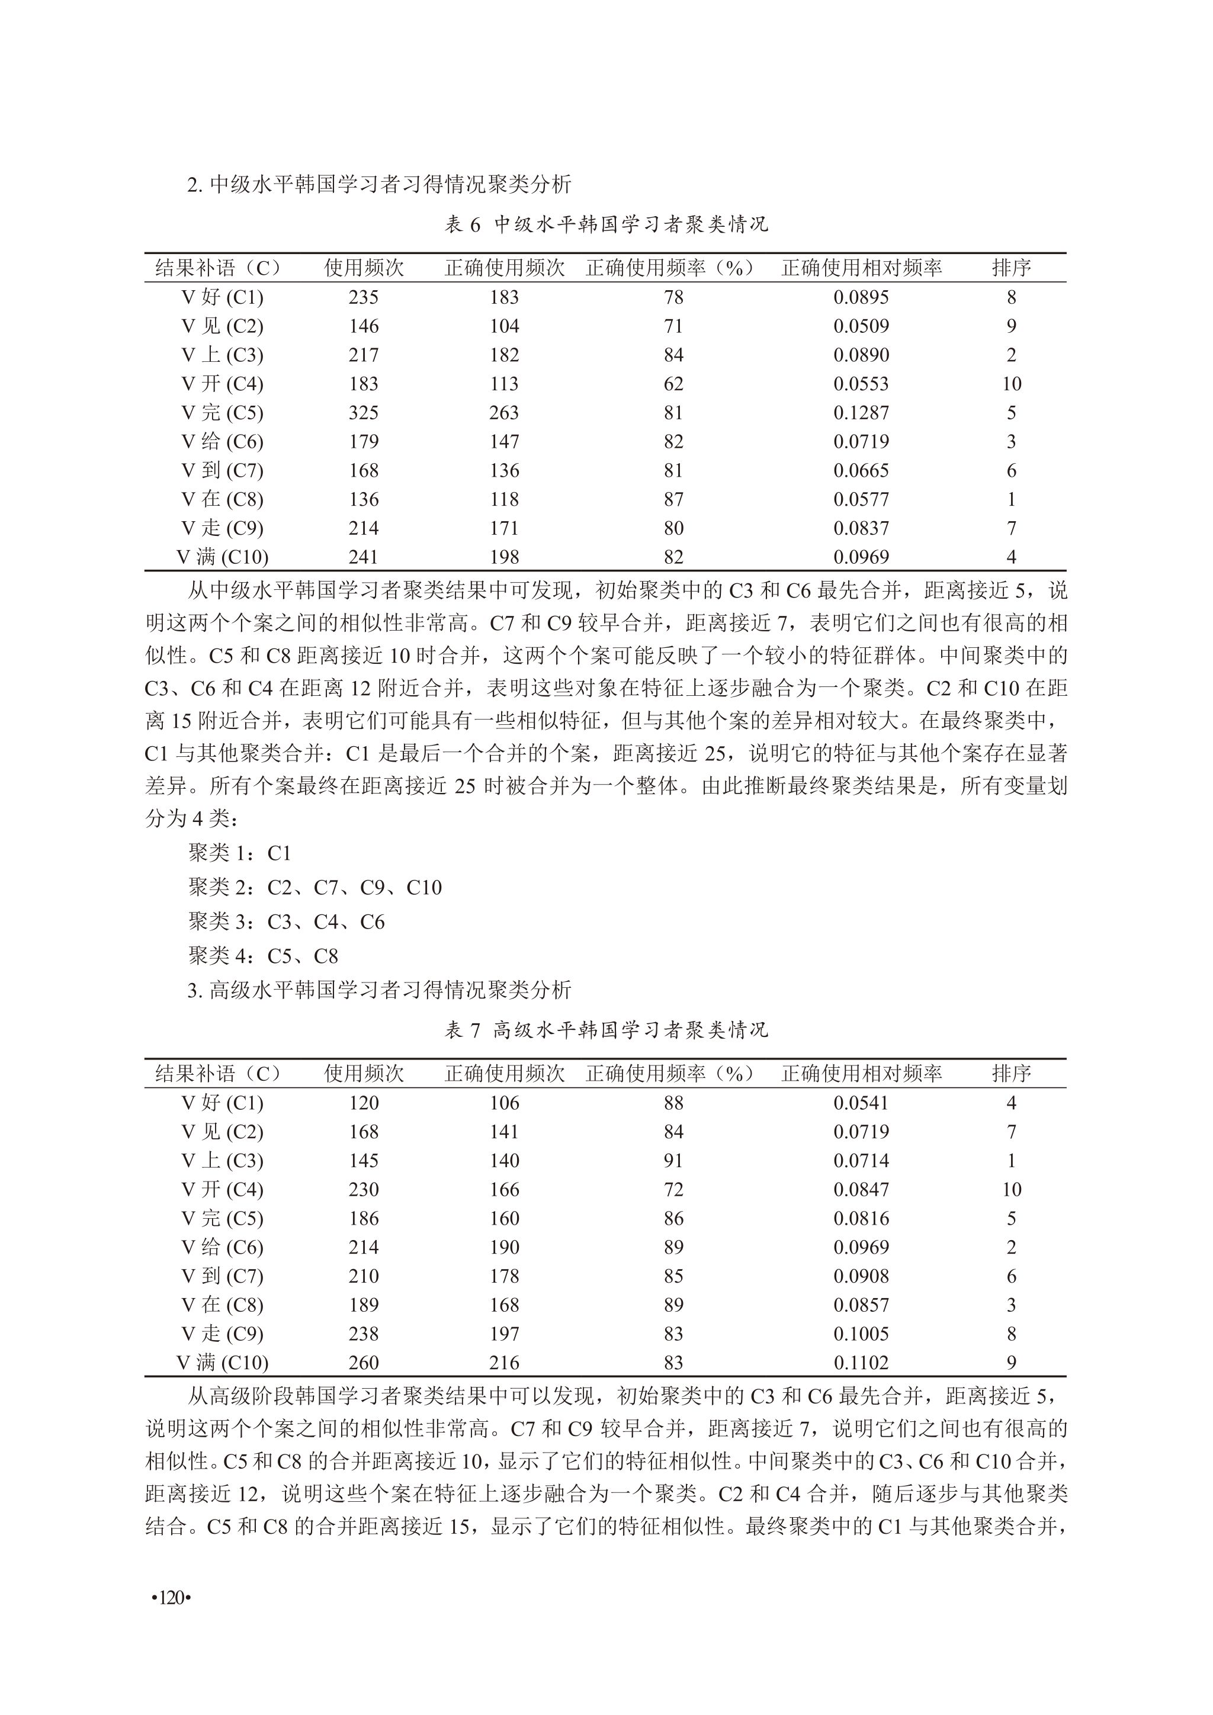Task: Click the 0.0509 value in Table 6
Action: (x=861, y=326)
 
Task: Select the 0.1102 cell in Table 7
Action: (x=861, y=1363)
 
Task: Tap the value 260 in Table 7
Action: (x=364, y=1363)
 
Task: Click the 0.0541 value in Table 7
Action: (x=861, y=1103)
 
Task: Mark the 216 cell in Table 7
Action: (x=504, y=1363)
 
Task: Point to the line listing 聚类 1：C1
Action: (x=239, y=853)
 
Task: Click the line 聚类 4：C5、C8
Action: (x=263, y=956)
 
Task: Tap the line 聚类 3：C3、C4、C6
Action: (x=286, y=921)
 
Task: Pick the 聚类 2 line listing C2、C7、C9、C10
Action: (x=315, y=887)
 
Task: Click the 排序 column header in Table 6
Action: (x=1012, y=268)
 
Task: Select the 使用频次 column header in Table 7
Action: (x=364, y=1074)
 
